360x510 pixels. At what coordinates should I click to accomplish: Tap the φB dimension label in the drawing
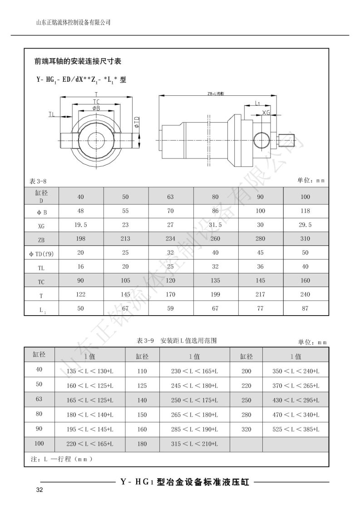(x=96, y=108)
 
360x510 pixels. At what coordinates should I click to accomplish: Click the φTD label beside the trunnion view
(x=137, y=122)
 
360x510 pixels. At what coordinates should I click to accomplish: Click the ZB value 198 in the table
(x=81, y=239)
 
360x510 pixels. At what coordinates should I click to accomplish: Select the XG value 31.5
(x=216, y=225)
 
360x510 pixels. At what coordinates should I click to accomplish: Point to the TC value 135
(x=216, y=281)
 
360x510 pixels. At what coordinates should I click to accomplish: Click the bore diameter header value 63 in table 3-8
(x=171, y=197)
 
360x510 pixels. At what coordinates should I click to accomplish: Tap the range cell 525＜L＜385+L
(x=296, y=429)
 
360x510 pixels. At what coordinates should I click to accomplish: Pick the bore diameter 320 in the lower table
(x=246, y=429)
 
